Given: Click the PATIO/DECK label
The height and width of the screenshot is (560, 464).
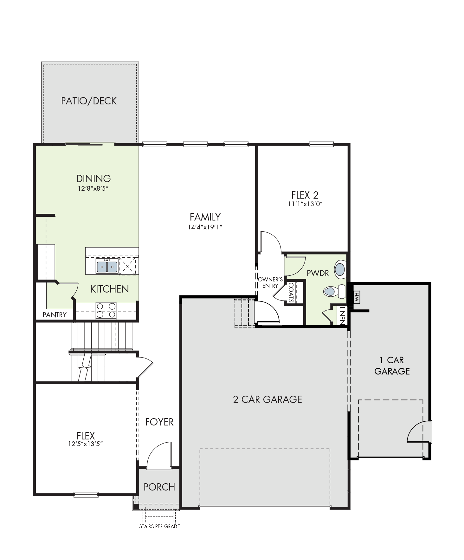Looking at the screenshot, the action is click(89, 101).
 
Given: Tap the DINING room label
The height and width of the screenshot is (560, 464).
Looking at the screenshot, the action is click(93, 178).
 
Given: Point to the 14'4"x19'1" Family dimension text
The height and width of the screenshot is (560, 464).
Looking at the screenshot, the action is click(205, 227).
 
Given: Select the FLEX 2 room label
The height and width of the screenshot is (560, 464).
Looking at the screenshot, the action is click(305, 195).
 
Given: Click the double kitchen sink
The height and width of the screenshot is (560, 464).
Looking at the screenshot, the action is click(107, 266).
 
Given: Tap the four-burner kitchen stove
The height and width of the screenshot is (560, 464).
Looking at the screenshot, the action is click(106, 311).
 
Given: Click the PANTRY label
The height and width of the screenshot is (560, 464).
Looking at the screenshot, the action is click(55, 315).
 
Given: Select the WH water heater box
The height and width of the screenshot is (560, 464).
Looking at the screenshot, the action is click(356, 297).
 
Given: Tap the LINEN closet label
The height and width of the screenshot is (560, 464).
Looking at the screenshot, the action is click(342, 316).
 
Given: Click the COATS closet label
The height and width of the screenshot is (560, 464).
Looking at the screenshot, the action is click(291, 293).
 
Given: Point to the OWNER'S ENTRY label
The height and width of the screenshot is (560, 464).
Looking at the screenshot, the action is click(270, 283).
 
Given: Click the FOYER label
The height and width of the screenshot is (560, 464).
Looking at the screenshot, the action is click(159, 422).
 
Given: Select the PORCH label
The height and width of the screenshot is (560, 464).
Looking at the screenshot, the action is click(159, 487).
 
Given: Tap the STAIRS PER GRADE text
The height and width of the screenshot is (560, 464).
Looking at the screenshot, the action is click(159, 526).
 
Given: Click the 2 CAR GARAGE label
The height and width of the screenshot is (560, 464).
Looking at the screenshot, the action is click(267, 399).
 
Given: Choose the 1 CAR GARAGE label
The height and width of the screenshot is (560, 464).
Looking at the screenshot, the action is click(392, 366).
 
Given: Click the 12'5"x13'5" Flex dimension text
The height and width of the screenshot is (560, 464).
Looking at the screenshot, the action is click(86, 444).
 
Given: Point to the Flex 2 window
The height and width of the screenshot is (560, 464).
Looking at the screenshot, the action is click(321, 145).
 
